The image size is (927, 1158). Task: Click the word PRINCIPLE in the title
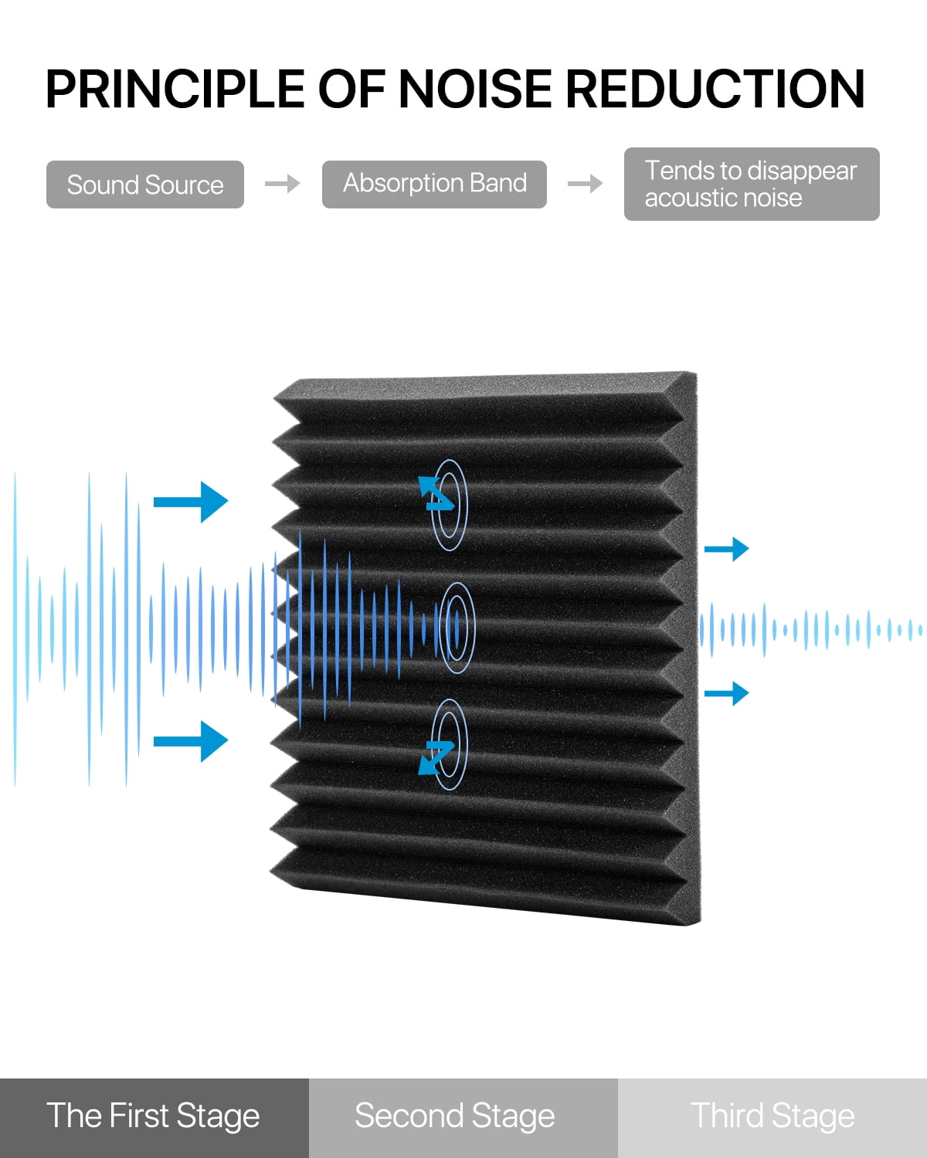point(175,89)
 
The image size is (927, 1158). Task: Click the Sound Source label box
point(145,185)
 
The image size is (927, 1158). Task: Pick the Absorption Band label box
point(434,184)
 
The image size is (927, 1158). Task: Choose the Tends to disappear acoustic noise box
point(752,184)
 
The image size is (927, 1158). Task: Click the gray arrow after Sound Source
point(282,184)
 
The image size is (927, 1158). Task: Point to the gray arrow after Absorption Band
point(585,184)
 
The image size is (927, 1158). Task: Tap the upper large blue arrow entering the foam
point(191,502)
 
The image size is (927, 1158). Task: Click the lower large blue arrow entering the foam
point(191,742)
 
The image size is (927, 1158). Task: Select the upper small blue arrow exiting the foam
point(727,549)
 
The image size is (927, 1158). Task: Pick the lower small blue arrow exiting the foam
point(727,693)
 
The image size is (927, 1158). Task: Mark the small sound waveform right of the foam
point(810,630)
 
